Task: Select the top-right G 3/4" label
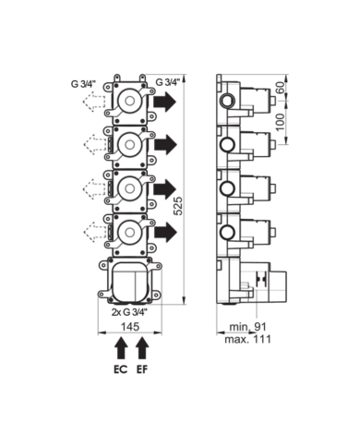pyautogui.click(x=166, y=81)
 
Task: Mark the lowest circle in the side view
pyautogui.click(x=227, y=227)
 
